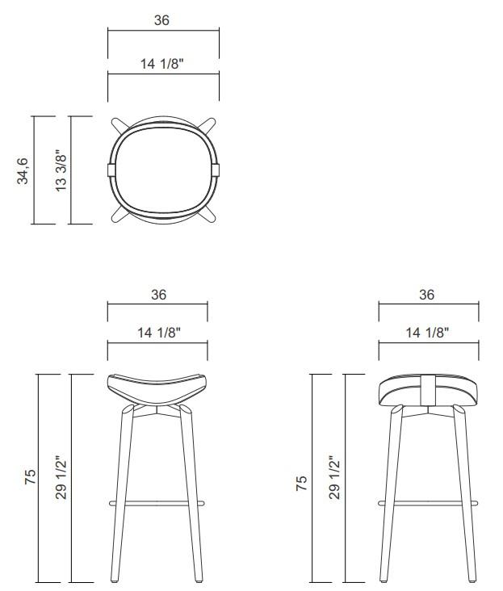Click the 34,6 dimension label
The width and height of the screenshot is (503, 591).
24,171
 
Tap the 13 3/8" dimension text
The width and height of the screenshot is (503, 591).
61,171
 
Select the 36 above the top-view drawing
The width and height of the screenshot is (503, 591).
162,20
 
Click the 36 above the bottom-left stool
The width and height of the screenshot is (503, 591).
158,295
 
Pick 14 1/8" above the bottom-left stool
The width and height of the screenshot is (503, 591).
157,331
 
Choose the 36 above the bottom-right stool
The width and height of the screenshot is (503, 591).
427,295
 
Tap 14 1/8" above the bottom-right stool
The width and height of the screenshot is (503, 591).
427,331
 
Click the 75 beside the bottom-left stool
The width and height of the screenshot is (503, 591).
31,478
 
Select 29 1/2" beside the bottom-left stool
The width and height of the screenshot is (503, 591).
61,478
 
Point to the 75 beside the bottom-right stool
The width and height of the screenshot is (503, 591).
301,483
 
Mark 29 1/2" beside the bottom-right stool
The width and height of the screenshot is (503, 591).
333,478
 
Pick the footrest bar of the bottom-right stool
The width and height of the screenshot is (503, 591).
428,502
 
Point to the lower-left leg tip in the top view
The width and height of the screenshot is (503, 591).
117,216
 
